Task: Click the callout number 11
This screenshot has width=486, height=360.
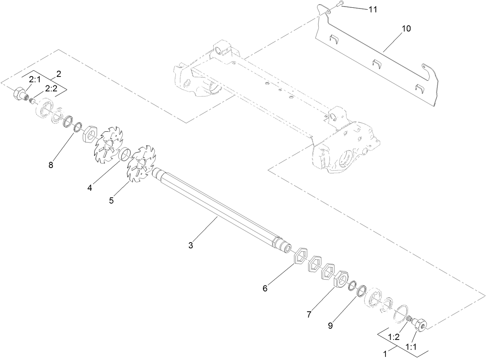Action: (x=372, y=10)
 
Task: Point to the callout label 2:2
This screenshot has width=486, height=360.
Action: (x=51, y=88)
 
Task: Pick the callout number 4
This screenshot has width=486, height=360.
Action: (x=90, y=188)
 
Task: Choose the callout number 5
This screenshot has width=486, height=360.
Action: (x=111, y=200)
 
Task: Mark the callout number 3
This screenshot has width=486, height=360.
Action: (x=190, y=245)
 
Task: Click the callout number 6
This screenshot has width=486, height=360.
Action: (x=265, y=288)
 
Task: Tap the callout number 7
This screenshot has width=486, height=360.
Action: (x=309, y=314)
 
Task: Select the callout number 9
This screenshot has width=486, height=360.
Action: (x=330, y=326)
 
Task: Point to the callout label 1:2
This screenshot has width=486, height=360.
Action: (x=394, y=337)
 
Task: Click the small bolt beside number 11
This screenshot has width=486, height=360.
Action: (x=339, y=5)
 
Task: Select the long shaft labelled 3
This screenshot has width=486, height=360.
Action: (x=220, y=211)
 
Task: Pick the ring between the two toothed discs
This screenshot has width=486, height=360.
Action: (x=124, y=155)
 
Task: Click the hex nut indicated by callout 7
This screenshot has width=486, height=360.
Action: (x=340, y=279)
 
